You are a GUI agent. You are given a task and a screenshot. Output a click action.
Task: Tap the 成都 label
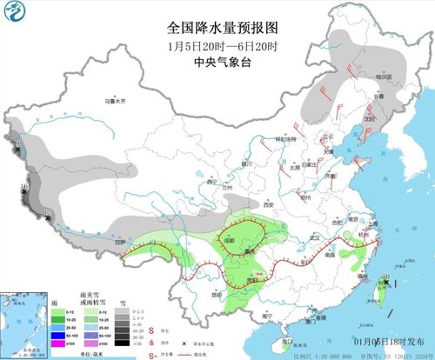tap(229, 236)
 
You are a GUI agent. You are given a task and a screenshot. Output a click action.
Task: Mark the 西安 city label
tap(267, 205)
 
